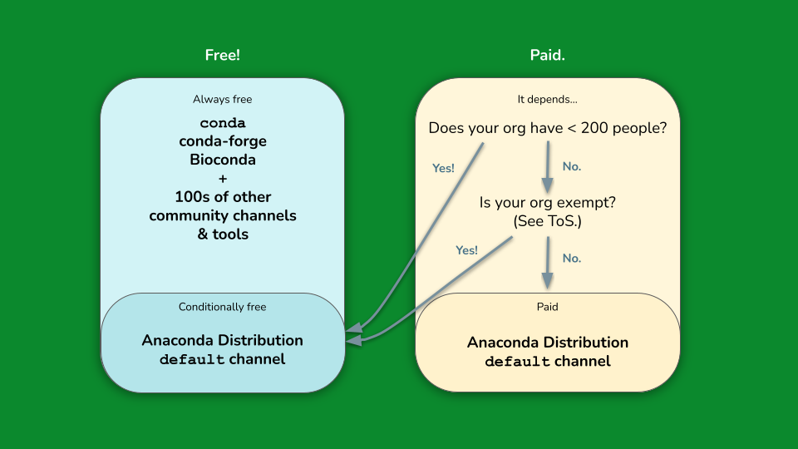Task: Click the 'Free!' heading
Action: pyautogui.click(x=223, y=55)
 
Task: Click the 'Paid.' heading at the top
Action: pyautogui.click(x=548, y=55)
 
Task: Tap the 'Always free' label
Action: pyautogui.click(x=223, y=99)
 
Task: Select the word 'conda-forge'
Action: pyautogui.click(x=223, y=141)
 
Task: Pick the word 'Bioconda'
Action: pyautogui.click(x=223, y=160)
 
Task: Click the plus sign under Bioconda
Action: pyautogui.click(x=223, y=179)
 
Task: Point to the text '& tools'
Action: pyautogui.click(x=223, y=234)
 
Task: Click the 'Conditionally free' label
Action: pyautogui.click(x=223, y=307)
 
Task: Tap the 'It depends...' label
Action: pyautogui.click(x=548, y=99)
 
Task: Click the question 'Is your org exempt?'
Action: pyautogui.click(x=548, y=203)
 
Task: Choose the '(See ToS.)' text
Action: pyautogui.click(x=548, y=221)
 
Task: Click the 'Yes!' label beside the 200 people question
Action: pyautogui.click(x=443, y=169)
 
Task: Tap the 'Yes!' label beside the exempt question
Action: pyautogui.click(x=466, y=250)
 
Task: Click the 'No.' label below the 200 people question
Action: pyautogui.click(x=572, y=166)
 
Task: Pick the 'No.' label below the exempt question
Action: pyautogui.click(x=572, y=259)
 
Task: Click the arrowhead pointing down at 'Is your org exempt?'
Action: pyautogui.click(x=548, y=185)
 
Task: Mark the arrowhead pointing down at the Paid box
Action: pyautogui.click(x=548, y=280)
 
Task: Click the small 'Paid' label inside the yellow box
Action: pyautogui.click(x=548, y=307)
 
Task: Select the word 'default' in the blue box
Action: pyautogui.click(x=192, y=359)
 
